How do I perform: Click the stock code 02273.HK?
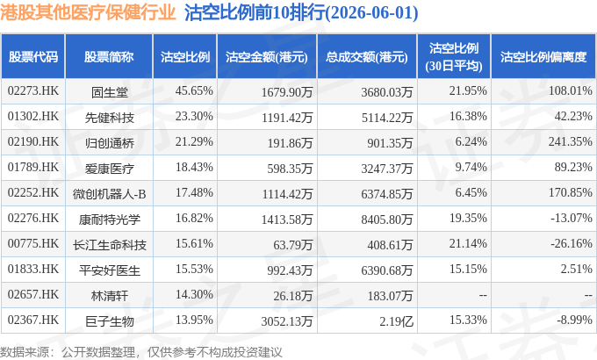pos(33,90)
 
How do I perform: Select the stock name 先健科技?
pos(109,118)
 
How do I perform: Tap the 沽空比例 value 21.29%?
pos(194,141)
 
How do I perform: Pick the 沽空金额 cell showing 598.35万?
pos(290,169)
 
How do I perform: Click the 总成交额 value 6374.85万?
pos(387,194)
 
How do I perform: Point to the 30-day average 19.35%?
pos(468,218)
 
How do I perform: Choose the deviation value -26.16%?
pos(572,243)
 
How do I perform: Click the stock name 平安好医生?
pos(109,270)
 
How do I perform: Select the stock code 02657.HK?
pos(33,294)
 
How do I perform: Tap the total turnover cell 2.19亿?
pos(396,321)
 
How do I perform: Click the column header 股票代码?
pos(33,57)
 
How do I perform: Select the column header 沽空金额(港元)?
pos(267,57)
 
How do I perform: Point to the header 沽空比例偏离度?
pos(543,57)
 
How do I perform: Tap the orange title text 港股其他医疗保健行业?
pos(88,12)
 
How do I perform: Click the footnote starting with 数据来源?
pos(140,351)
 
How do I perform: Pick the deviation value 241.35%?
pos(571,141)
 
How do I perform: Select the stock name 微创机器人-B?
pos(109,194)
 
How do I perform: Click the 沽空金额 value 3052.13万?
pos(287,321)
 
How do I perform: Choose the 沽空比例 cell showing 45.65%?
pos(194,90)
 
